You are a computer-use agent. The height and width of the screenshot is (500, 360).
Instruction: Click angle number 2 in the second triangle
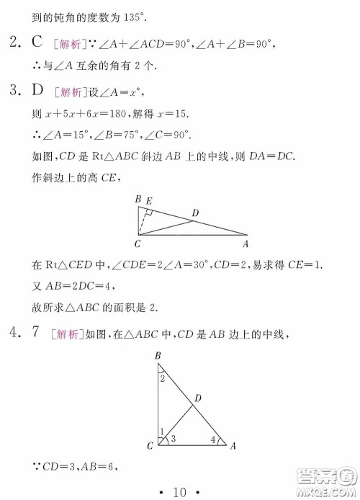pyautogui.click(x=163, y=378)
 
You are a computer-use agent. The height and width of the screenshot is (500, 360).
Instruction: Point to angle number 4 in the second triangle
pyautogui.click(x=212, y=438)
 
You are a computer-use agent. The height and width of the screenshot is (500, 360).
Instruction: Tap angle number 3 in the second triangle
pyautogui.click(x=174, y=438)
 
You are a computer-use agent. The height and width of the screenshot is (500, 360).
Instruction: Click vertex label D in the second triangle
pyautogui.click(x=197, y=398)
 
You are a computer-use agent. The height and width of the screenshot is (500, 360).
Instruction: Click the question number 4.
pyautogui.click(x=14, y=333)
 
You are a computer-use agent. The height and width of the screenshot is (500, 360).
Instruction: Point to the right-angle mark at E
pyautogui.click(x=147, y=213)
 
